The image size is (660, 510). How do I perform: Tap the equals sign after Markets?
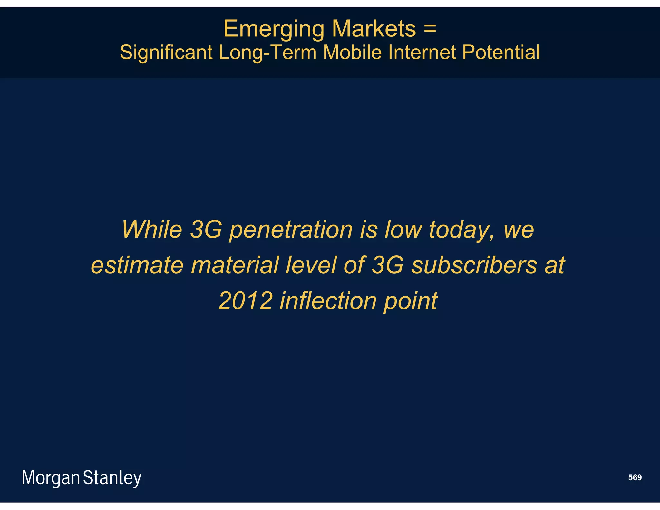(x=430, y=28)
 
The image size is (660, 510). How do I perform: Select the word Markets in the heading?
(x=374, y=29)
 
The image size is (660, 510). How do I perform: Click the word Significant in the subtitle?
(x=166, y=52)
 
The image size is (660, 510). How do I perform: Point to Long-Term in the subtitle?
(x=267, y=52)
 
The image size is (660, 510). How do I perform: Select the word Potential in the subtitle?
(x=501, y=52)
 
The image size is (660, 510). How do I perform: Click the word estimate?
(x=137, y=265)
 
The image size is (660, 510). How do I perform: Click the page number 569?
(x=635, y=477)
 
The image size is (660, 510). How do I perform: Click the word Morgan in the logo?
(x=51, y=478)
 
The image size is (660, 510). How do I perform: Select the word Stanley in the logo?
(x=112, y=478)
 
